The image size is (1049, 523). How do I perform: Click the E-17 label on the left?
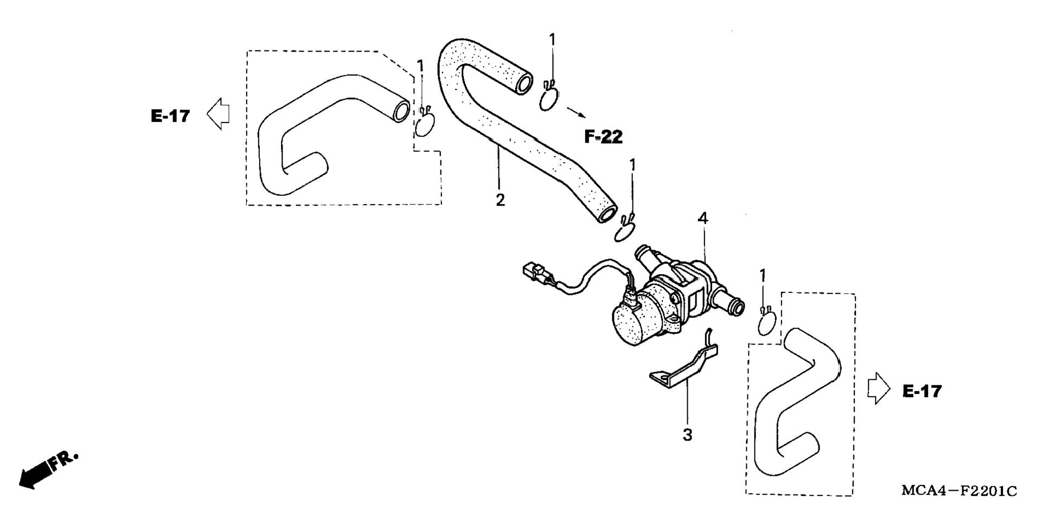(x=170, y=116)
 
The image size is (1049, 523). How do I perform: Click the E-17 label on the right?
(x=922, y=391)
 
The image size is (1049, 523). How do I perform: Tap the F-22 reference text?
(x=603, y=137)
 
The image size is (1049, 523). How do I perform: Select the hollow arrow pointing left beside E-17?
(x=218, y=113)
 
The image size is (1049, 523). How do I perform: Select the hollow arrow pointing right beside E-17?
(x=879, y=388)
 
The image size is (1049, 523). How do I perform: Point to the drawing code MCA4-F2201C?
(x=959, y=491)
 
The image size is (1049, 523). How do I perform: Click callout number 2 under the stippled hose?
(x=500, y=200)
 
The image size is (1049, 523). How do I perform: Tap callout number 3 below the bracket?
(x=687, y=435)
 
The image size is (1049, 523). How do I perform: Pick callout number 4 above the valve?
(x=702, y=219)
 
